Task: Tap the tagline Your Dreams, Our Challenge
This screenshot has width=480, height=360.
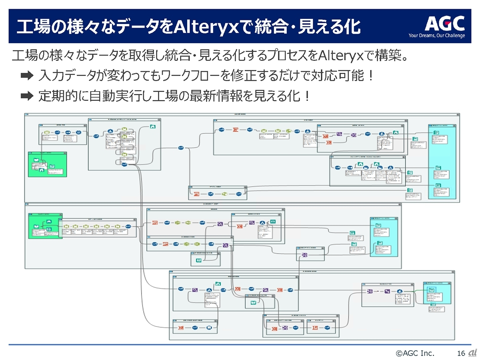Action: (x=436, y=36)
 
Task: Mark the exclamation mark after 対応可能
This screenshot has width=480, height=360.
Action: (x=370, y=76)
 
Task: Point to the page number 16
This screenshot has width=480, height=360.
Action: (x=461, y=352)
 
